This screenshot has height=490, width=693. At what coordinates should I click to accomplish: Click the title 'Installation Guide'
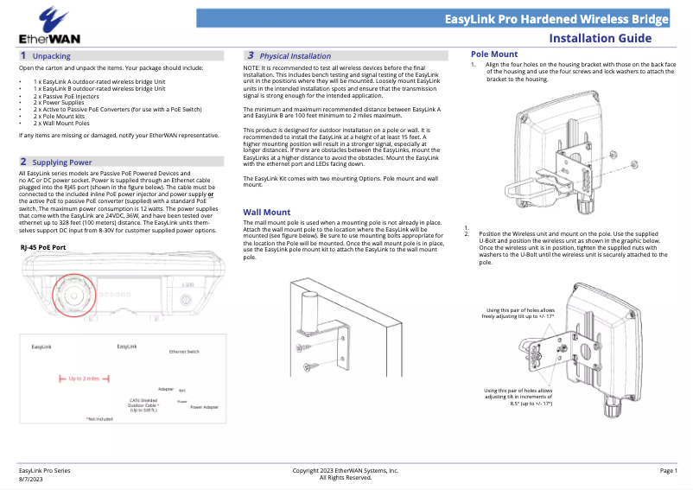[612, 39]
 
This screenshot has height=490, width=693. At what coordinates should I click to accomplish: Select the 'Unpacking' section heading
[51, 56]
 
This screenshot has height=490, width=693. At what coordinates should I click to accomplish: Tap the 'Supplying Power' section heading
[61, 162]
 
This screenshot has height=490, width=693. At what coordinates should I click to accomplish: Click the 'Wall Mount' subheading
[266, 212]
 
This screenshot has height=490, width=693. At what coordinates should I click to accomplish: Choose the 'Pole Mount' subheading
[493, 54]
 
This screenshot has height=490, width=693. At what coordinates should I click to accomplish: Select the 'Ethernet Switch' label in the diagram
[184, 353]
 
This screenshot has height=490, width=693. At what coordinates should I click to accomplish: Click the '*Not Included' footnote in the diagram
[100, 419]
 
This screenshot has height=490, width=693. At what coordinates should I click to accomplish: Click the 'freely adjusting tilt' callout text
[516, 313]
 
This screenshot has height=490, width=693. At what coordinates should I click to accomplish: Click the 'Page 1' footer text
[669, 470]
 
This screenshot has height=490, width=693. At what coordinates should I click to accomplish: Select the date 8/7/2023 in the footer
[31, 478]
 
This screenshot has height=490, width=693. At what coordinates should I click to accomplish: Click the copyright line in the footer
[346, 470]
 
